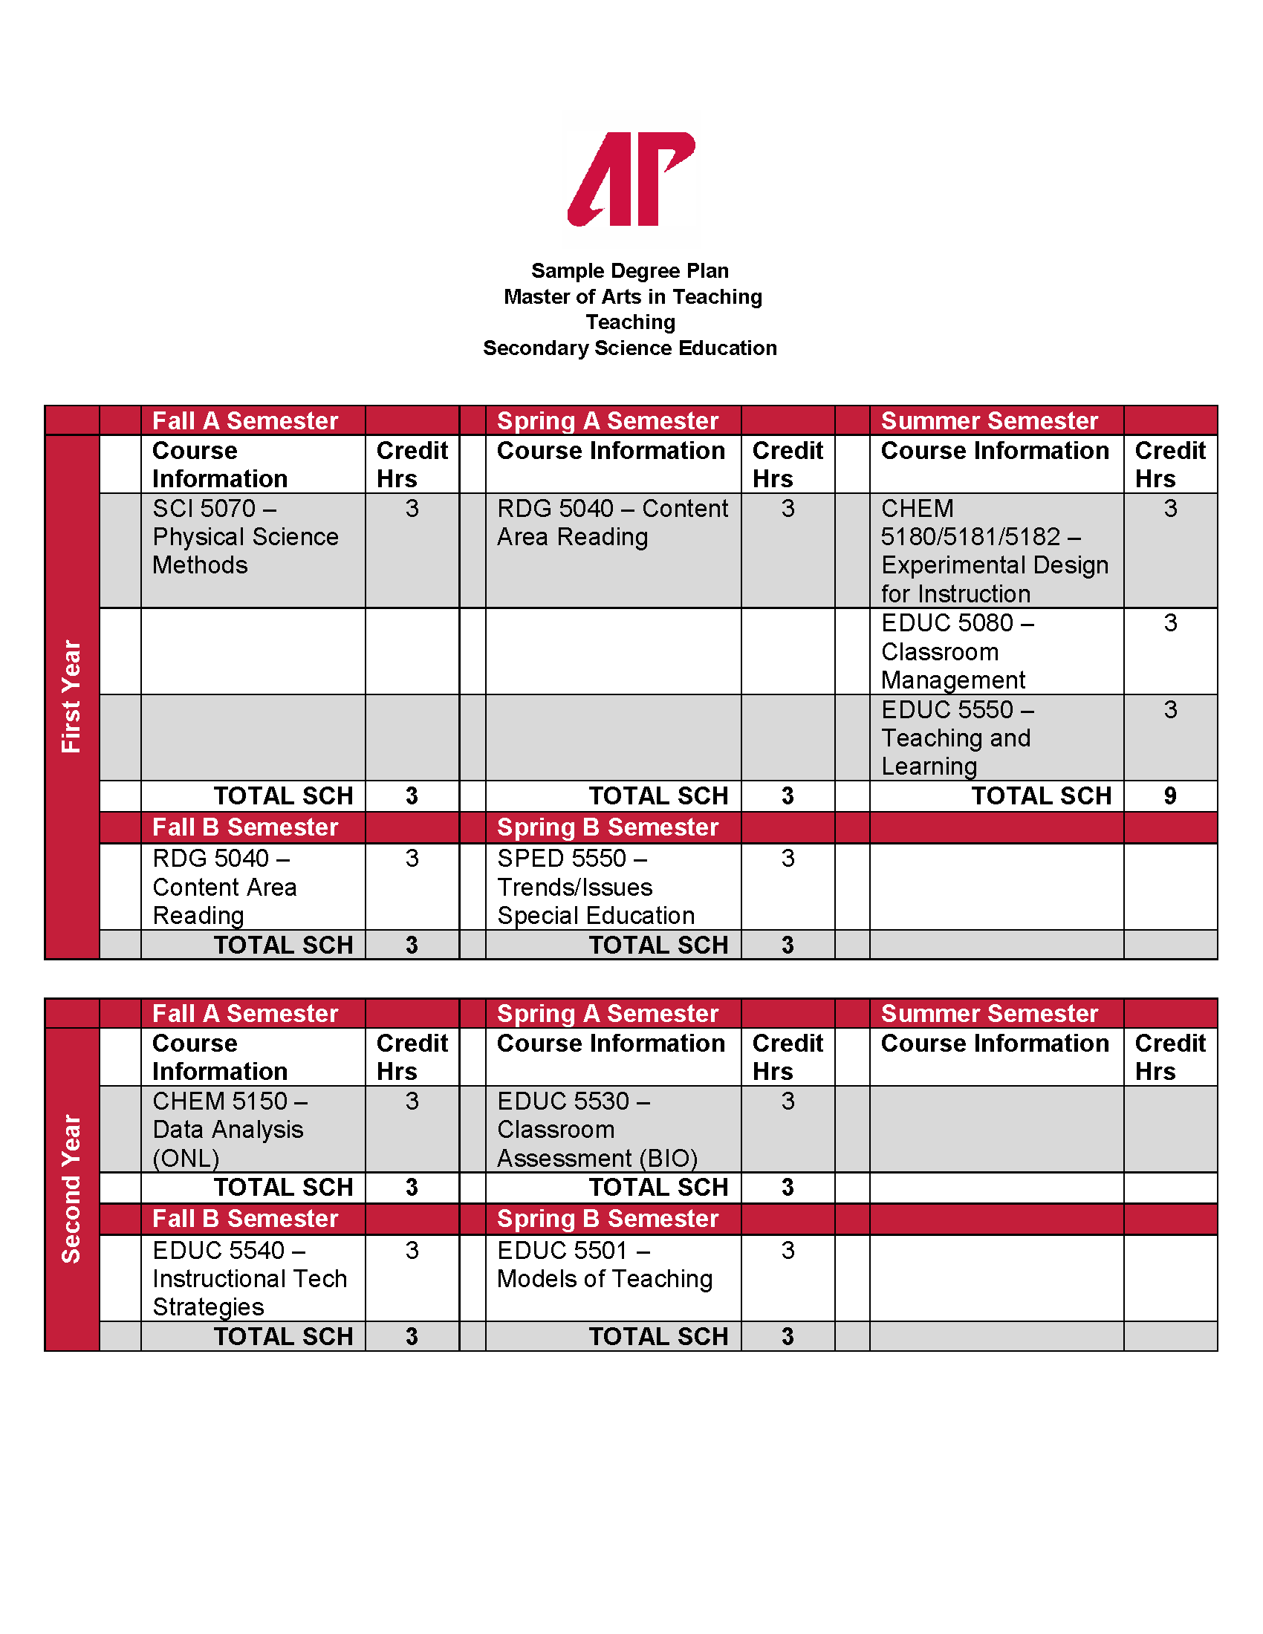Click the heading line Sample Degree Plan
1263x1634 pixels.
coord(630,271)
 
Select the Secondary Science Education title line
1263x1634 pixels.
coord(630,348)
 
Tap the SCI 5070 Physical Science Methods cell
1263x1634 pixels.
coord(245,537)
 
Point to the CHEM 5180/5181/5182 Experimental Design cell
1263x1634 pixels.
coord(994,550)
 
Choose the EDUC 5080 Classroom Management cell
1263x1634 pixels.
coord(958,651)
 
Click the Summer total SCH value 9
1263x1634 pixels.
coord(1170,796)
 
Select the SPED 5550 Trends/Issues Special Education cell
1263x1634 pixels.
coord(597,887)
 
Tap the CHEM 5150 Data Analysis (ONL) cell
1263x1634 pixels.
coord(229,1129)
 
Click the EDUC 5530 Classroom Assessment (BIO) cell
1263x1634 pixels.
coord(597,1129)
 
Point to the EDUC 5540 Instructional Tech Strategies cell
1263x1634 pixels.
coord(250,1278)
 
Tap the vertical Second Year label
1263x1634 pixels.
coord(71,1189)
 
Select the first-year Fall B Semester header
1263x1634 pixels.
coord(245,827)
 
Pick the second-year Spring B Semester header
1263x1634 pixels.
coord(608,1219)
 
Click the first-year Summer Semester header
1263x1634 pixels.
coord(989,421)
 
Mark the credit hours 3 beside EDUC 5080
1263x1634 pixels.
coord(1170,623)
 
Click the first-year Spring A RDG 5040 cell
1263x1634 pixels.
coord(612,523)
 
